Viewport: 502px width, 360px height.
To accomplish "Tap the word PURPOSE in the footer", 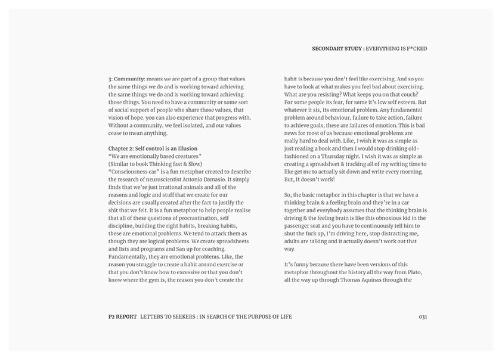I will (256, 316).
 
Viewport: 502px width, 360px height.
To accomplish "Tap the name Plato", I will (419, 271).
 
